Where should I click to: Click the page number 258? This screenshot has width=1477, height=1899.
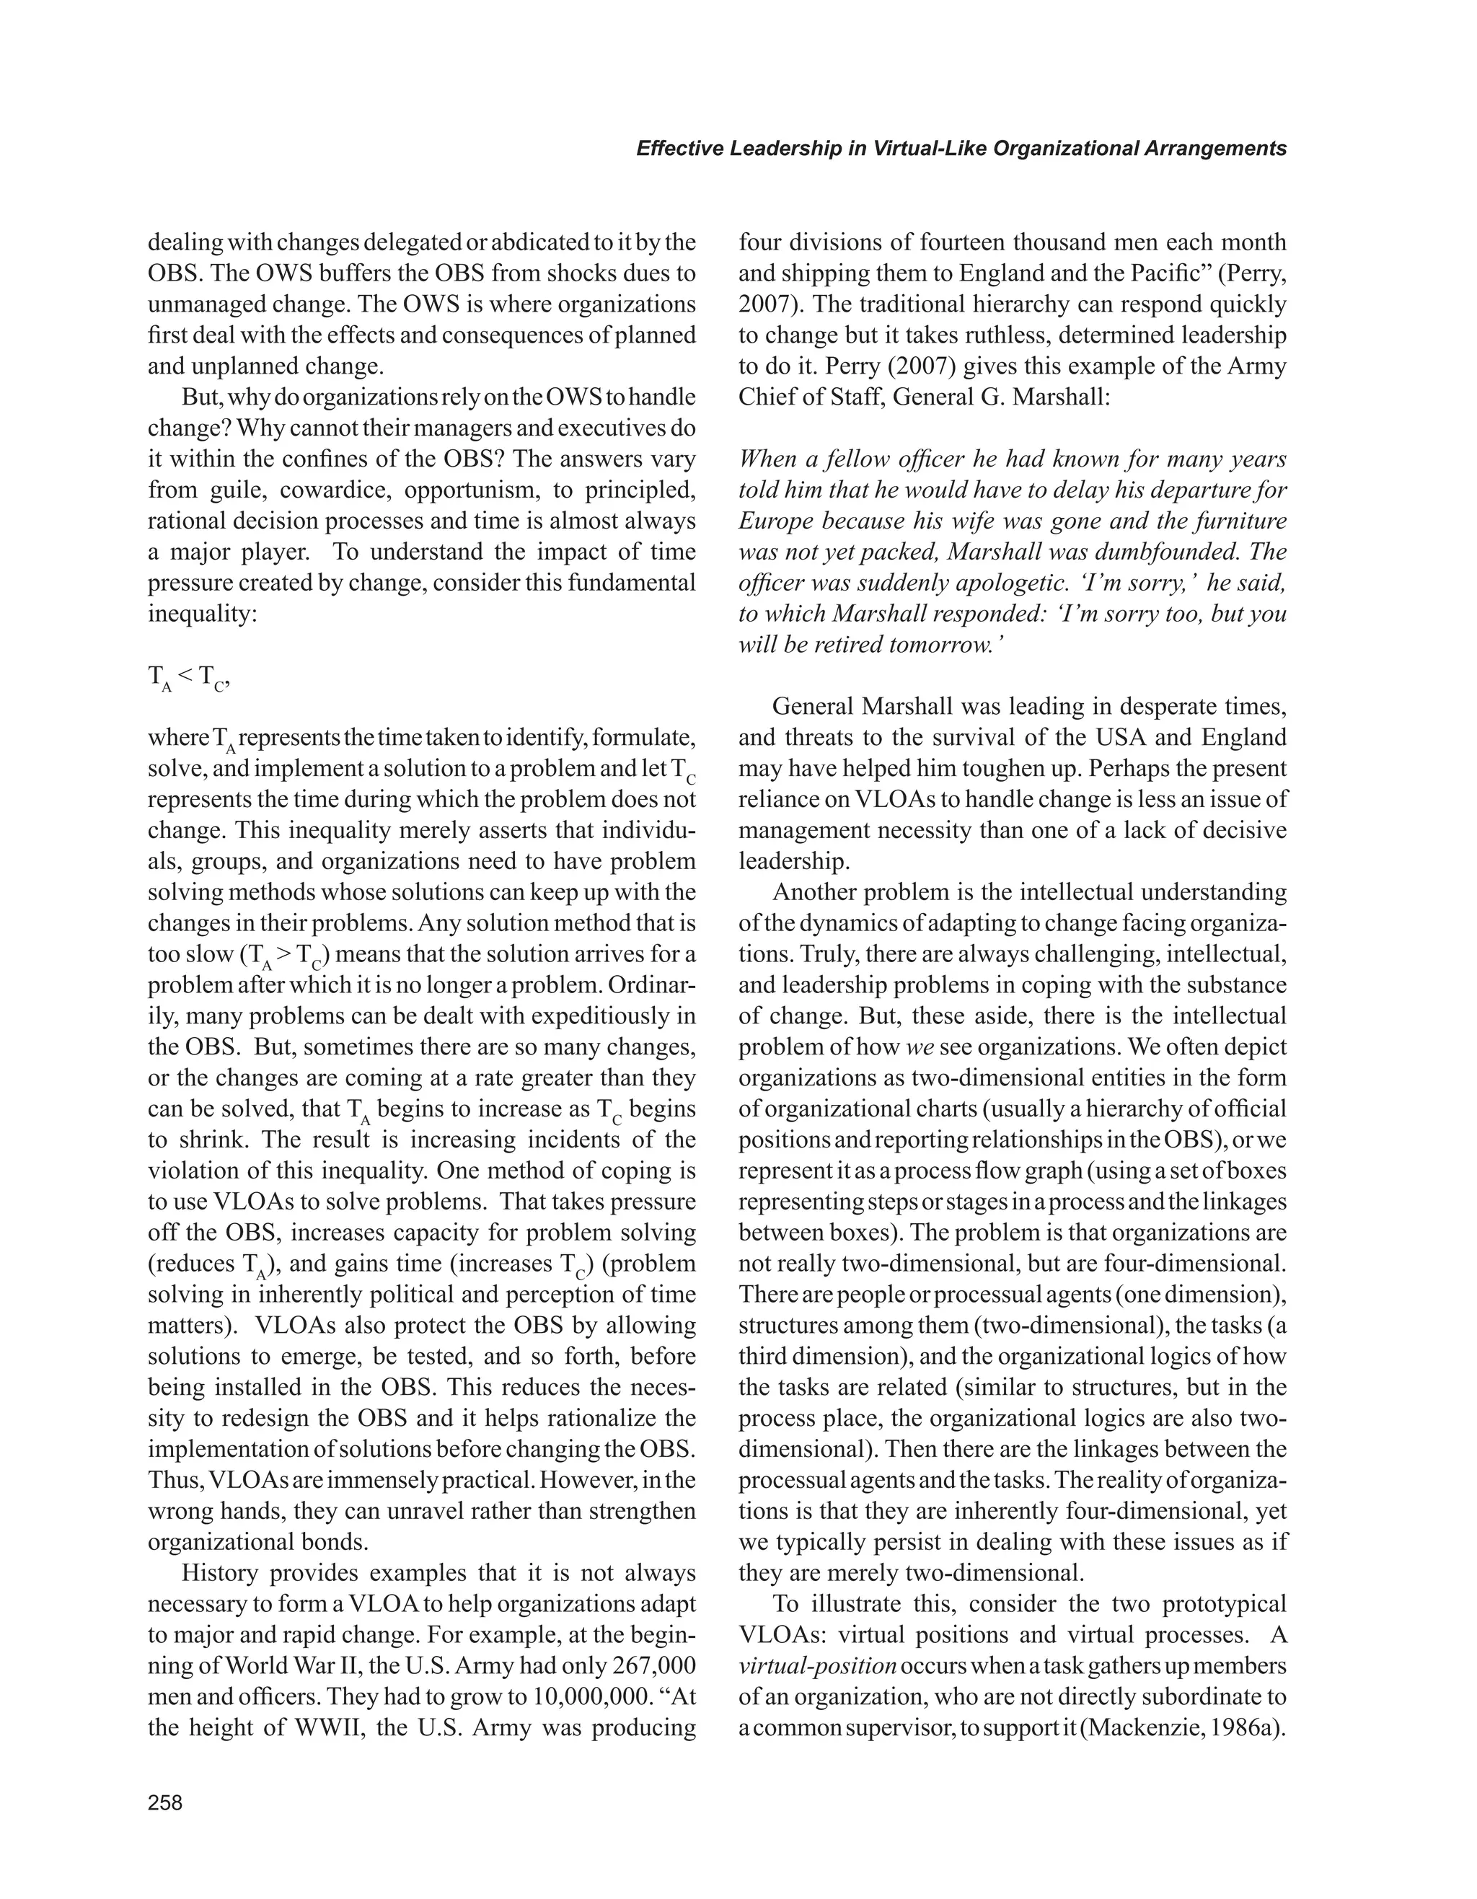[165, 1802]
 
